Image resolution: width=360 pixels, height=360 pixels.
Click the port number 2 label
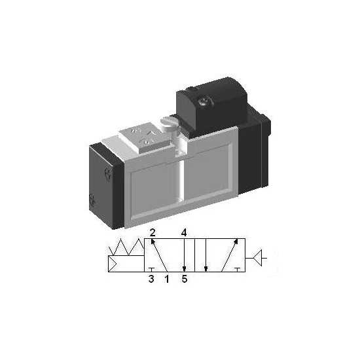(153, 233)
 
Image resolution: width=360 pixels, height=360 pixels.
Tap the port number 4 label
(184, 233)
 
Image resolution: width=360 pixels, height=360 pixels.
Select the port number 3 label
(151, 279)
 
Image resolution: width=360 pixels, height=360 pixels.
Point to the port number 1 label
(167, 279)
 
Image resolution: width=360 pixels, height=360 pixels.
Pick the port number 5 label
(185, 279)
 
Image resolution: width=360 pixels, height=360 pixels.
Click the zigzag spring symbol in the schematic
(127, 247)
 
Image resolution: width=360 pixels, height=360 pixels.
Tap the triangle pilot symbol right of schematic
(258, 258)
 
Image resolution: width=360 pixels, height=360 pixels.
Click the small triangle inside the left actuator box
(112, 264)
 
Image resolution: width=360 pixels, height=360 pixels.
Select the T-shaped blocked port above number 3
(151, 270)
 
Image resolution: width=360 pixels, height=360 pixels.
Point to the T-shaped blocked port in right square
(238, 270)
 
